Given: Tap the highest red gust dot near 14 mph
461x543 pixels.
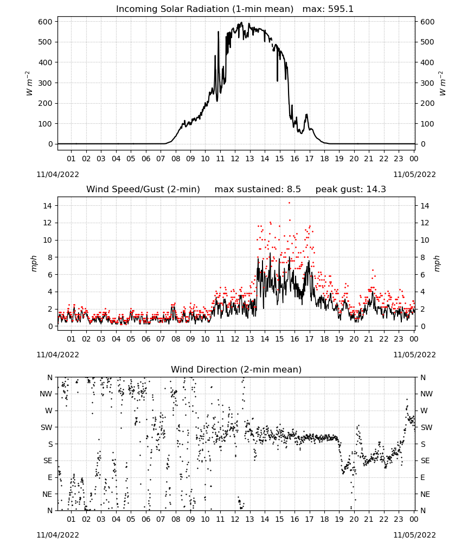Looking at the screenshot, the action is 290,203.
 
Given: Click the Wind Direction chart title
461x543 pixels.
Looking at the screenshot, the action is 236,369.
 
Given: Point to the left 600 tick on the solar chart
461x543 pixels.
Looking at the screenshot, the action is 46,22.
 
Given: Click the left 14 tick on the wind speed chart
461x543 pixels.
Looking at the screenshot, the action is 48,206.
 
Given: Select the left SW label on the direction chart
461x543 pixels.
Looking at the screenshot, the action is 46,427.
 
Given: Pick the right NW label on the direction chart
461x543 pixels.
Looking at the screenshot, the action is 427,394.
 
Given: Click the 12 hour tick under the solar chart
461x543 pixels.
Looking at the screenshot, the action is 235,159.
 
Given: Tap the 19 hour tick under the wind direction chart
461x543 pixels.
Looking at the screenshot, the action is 339,520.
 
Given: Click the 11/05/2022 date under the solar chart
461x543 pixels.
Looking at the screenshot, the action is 414,174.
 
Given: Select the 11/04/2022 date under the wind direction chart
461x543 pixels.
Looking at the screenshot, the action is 57,535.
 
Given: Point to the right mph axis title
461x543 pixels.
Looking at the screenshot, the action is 437,263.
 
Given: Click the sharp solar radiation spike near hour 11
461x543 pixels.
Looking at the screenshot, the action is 218,32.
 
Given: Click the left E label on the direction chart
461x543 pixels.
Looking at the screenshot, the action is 50,477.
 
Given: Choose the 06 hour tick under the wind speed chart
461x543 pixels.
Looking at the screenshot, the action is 145,339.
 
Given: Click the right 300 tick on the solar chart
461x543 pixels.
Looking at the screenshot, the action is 427,83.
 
